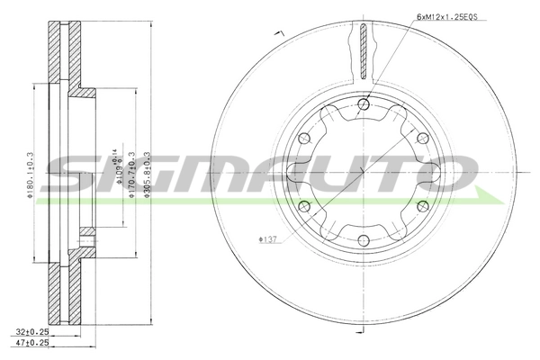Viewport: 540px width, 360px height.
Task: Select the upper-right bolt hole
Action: tap(420, 138)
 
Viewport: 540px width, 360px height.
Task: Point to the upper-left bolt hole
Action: tap(303, 138)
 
